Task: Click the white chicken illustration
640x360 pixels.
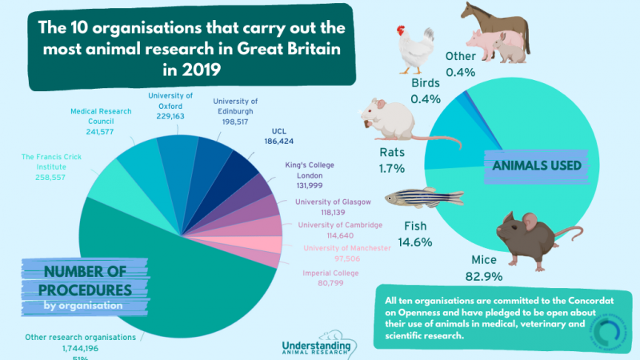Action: (415, 52)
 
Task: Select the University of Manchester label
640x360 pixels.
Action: (347, 248)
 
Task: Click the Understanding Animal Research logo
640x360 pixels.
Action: (318, 346)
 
